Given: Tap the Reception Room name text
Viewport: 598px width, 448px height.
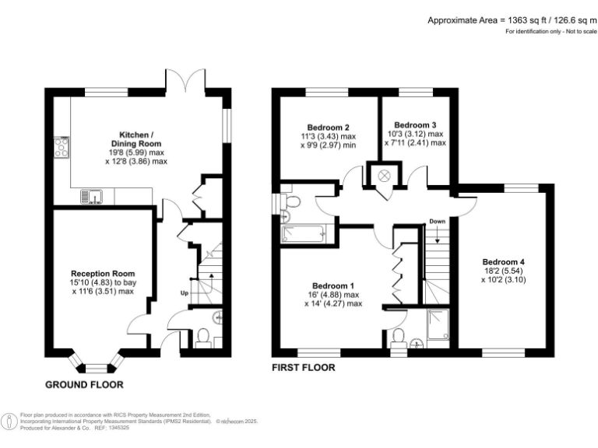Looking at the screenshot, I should [x=103, y=274].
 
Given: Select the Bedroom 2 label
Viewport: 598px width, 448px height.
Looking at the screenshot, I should [x=328, y=128].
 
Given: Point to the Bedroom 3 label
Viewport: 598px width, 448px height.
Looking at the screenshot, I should [x=415, y=124].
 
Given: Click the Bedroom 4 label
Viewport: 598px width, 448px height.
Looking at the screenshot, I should [x=503, y=261].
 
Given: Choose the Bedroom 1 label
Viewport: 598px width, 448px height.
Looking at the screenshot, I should [x=332, y=285].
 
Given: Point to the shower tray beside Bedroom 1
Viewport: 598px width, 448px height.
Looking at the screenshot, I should [x=439, y=319].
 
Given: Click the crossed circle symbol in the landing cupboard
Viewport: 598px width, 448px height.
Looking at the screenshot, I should [x=384, y=176].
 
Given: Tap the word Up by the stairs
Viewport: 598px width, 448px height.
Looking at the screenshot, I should [x=185, y=294].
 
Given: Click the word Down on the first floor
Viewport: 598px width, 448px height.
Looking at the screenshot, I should [x=436, y=222].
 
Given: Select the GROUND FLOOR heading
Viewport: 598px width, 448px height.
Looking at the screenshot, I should [x=84, y=385].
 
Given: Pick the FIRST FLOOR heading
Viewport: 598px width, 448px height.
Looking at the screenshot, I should [x=303, y=367].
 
